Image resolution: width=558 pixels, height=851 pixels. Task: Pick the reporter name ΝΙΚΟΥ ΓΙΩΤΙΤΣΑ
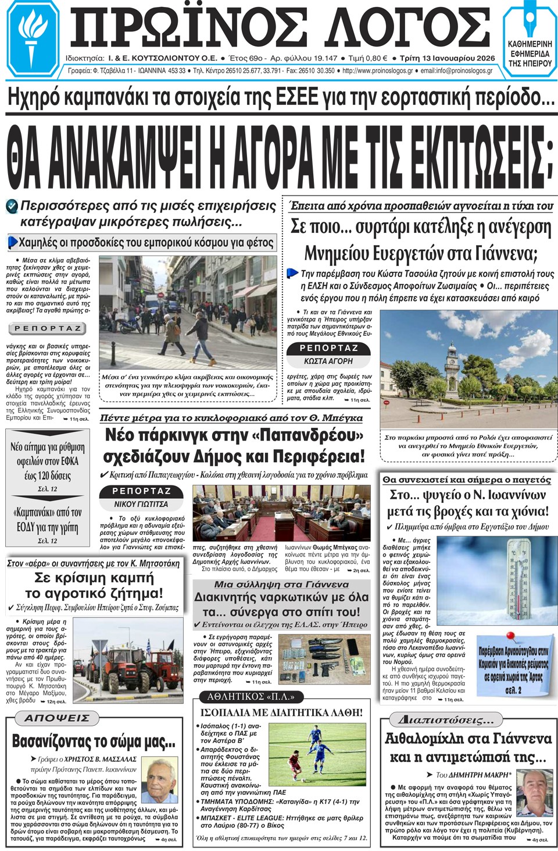(141, 504)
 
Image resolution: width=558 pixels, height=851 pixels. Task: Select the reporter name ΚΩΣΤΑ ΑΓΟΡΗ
(328, 361)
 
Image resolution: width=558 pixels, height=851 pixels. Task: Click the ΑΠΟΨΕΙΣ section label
(56, 718)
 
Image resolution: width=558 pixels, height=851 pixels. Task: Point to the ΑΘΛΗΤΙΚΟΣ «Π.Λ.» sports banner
(251, 697)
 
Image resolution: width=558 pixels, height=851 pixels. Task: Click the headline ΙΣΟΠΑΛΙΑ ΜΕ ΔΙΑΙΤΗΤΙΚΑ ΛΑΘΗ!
(281, 712)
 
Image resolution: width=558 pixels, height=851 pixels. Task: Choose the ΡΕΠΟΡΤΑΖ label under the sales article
(48, 328)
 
